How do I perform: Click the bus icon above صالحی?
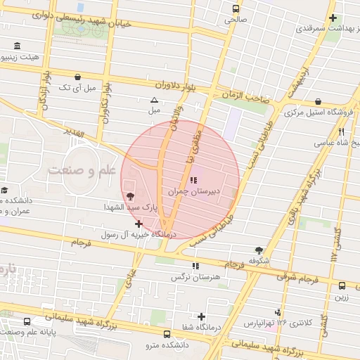click(235, 10)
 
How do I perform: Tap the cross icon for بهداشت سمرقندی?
click(333, 18)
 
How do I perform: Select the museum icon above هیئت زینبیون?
click(16, 47)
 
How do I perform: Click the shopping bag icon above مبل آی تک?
click(77, 77)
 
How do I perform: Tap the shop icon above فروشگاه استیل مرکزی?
click(319, 102)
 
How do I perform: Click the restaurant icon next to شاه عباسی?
click(341, 131)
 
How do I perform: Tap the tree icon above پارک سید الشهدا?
click(129, 196)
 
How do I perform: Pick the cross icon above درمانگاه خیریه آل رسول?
click(139, 224)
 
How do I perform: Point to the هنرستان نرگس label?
click(195, 277)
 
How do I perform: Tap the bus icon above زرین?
click(342, 286)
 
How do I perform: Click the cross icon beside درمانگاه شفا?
click(202, 316)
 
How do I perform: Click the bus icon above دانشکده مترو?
click(166, 335)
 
